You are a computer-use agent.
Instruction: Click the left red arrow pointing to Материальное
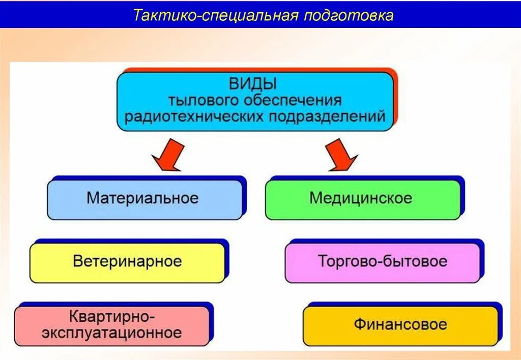point(169,156)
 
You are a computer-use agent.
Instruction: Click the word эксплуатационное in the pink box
point(111,333)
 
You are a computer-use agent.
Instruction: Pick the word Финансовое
point(400,324)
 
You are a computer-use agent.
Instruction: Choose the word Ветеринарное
point(127,261)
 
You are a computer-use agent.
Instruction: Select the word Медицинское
point(361,198)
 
